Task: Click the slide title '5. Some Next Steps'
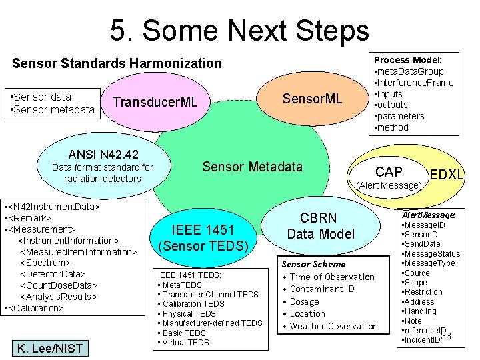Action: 239,30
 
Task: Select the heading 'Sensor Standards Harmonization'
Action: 117,63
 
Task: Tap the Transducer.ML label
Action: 155,102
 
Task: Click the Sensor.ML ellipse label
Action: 312,99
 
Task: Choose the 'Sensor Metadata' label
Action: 252,166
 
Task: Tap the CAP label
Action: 389,172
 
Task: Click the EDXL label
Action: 447,175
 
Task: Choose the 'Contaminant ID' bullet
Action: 322,289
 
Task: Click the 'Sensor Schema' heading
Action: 313,264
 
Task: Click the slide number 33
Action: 446,335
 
